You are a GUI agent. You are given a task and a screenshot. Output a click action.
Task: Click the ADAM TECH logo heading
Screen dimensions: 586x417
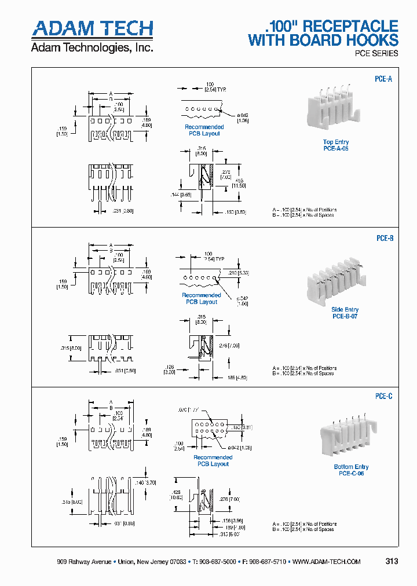[x=92, y=29]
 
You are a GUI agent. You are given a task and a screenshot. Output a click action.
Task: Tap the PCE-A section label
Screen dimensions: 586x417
[x=383, y=79]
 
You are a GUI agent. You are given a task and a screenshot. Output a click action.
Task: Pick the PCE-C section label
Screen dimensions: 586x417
[x=383, y=397]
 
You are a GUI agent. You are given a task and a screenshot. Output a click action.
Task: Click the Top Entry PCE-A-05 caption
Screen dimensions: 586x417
[x=336, y=145]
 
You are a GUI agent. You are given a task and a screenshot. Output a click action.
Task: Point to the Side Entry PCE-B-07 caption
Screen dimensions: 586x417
[x=345, y=313]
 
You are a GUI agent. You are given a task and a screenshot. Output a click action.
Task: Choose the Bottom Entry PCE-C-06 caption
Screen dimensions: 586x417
[x=351, y=470]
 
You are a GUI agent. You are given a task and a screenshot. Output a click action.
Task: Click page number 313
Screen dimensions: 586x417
[x=392, y=562]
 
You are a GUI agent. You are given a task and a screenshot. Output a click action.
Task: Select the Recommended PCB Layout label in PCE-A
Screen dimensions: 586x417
[x=204, y=130]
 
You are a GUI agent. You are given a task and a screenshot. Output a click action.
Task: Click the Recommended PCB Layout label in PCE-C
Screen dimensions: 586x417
[x=213, y=460]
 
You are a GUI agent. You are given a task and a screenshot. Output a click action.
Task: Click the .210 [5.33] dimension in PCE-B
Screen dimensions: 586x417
[x=239, y=273]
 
